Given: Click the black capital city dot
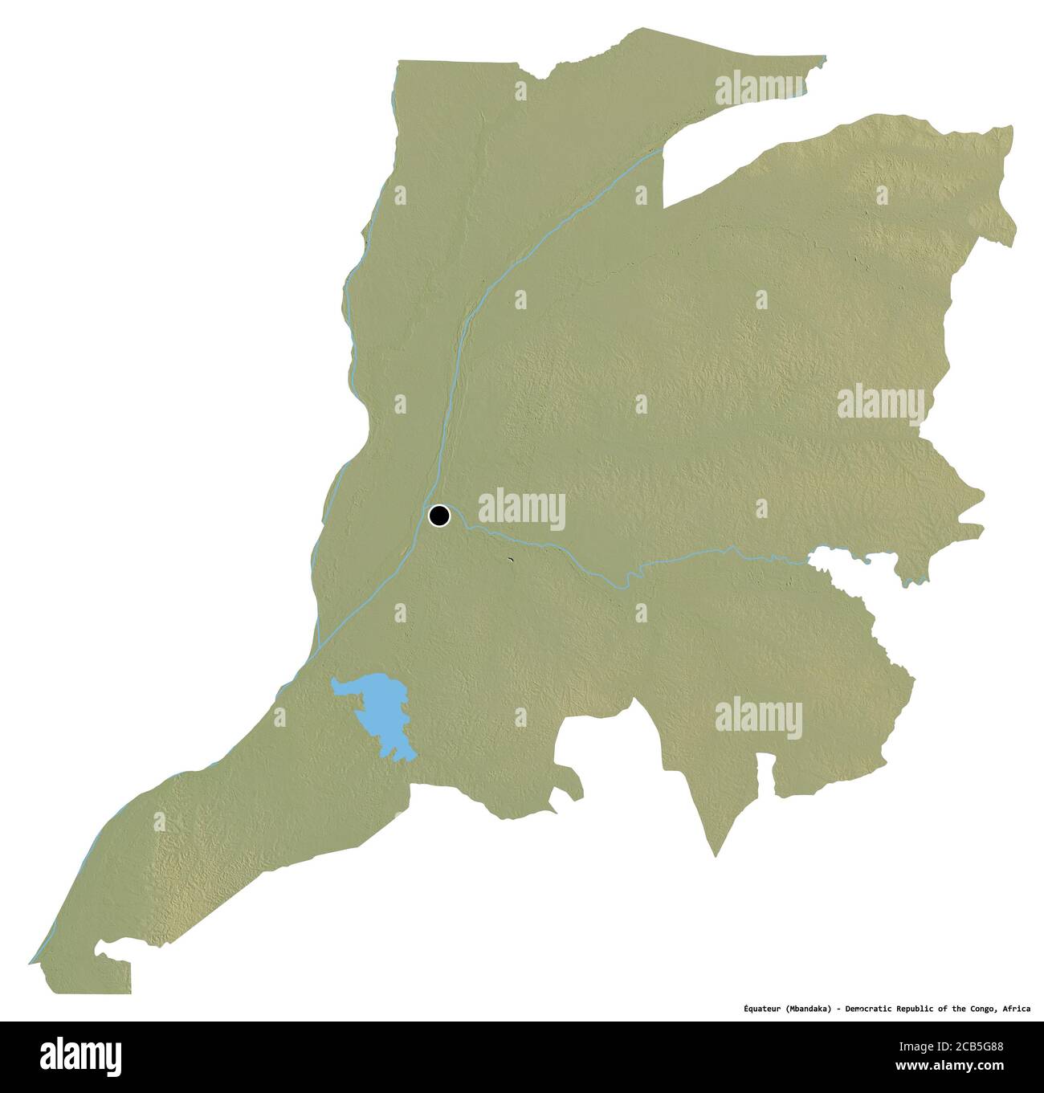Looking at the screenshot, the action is [x=439, y=516].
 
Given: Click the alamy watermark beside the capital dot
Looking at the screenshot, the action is [x=521, y=510].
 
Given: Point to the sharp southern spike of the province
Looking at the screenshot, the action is [x=715, y=854].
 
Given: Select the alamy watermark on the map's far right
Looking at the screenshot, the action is [x=881, y=403].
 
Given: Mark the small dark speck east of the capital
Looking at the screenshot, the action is [x=510, y=560].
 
